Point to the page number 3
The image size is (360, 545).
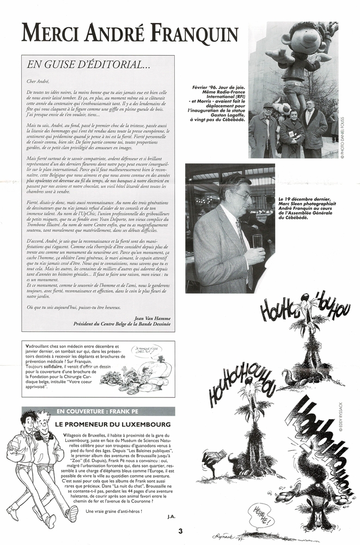coord(180,529)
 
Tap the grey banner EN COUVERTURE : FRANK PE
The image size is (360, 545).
coord(97,411)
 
